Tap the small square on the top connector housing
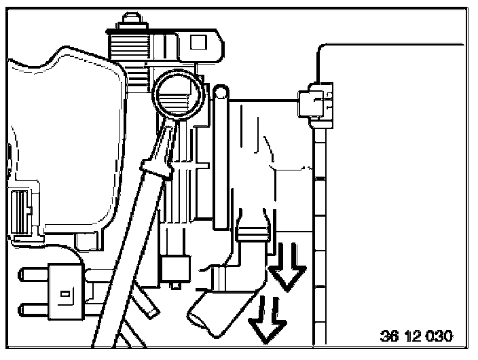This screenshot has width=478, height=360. (198, 42)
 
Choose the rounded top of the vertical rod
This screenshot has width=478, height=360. (220, 91)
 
